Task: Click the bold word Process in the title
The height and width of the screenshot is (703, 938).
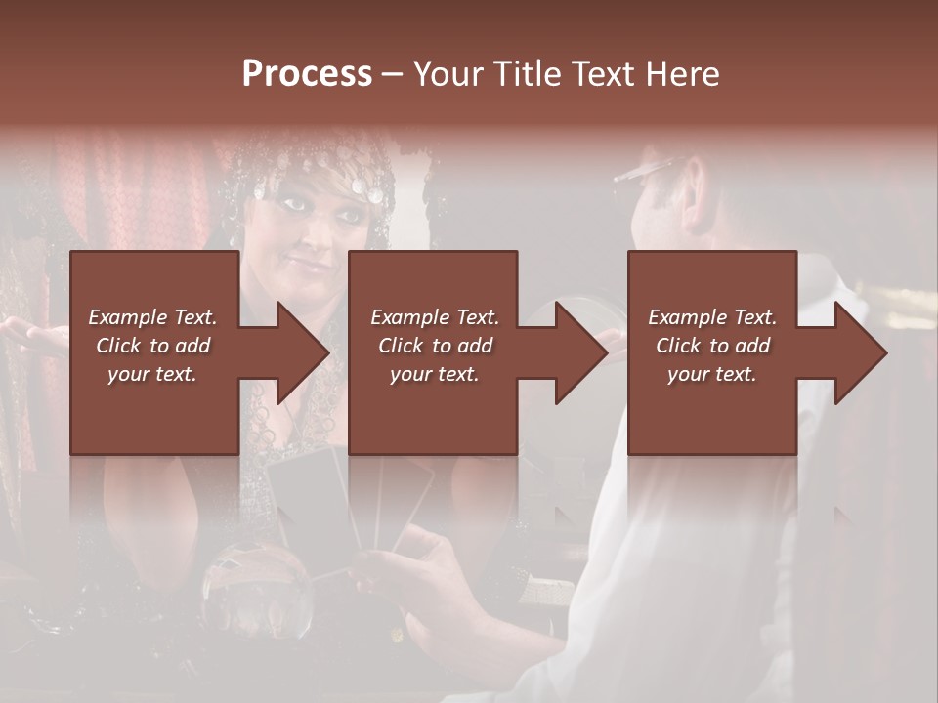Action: click(307, 74)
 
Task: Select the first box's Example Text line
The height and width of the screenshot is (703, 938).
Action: click(152, 317)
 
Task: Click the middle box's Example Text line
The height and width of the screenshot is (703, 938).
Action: click(434, 317)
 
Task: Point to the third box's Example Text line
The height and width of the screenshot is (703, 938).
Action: click(712, 317)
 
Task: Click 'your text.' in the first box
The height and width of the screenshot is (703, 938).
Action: click(152, 374)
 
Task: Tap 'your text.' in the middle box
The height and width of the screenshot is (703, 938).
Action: click(434, 374)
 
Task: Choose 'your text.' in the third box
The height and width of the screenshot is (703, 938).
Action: click(712, 374)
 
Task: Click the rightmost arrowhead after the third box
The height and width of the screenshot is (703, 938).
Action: click(857, 352)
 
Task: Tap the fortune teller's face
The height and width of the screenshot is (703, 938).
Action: click(313, 234)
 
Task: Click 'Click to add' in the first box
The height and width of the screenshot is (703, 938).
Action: click(152, 346)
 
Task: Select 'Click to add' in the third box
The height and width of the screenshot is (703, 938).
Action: click(712, 346)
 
